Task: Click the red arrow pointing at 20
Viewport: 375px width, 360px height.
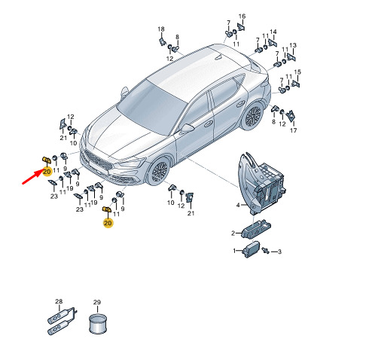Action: [32, 177]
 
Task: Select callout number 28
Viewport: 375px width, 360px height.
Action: [59, 301]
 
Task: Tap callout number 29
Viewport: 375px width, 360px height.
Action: [97, 302]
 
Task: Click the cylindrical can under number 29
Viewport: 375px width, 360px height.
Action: [98, 324]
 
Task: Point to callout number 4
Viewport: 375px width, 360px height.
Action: [238, 205]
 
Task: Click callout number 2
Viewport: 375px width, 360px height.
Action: [233, 233]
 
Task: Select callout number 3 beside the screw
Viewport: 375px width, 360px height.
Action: [279, 252]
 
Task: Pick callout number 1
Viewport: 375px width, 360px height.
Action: [234, 251]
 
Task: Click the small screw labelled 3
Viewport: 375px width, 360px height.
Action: [265, 250]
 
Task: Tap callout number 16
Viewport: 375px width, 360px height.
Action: [242, 17]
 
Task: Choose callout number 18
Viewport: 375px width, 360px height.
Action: [161, 29]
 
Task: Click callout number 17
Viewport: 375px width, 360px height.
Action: [294, 130]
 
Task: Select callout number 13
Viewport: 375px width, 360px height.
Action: [293, 45]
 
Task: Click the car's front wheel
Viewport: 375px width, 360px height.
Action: [159, 172]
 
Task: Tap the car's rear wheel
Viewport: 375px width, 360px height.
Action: [253, 117]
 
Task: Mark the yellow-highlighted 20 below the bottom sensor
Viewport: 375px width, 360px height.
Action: [108, 223]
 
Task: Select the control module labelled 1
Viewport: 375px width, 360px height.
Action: [251, 249]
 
